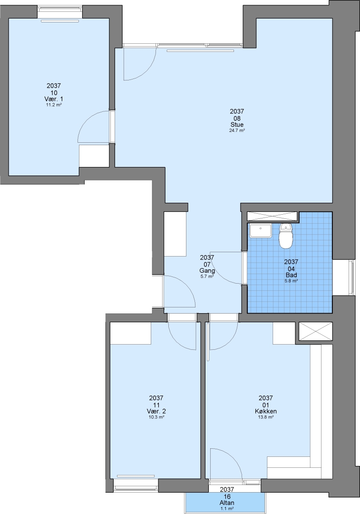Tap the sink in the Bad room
(260, 230)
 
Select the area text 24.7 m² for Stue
(237, 130)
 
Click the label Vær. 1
(54, 99)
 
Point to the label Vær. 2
(156, 411)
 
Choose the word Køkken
(266, 411)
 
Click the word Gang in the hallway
(207, 270)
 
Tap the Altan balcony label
(227, 503)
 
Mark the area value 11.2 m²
(54, 105)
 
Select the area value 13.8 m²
(266, 417)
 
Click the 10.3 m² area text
(156, 417)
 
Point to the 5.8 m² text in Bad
(291, 281)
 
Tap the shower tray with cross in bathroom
(272, 217)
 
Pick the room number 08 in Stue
(237, 118)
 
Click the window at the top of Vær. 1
(60, 12)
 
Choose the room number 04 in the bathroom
(291, 268)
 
